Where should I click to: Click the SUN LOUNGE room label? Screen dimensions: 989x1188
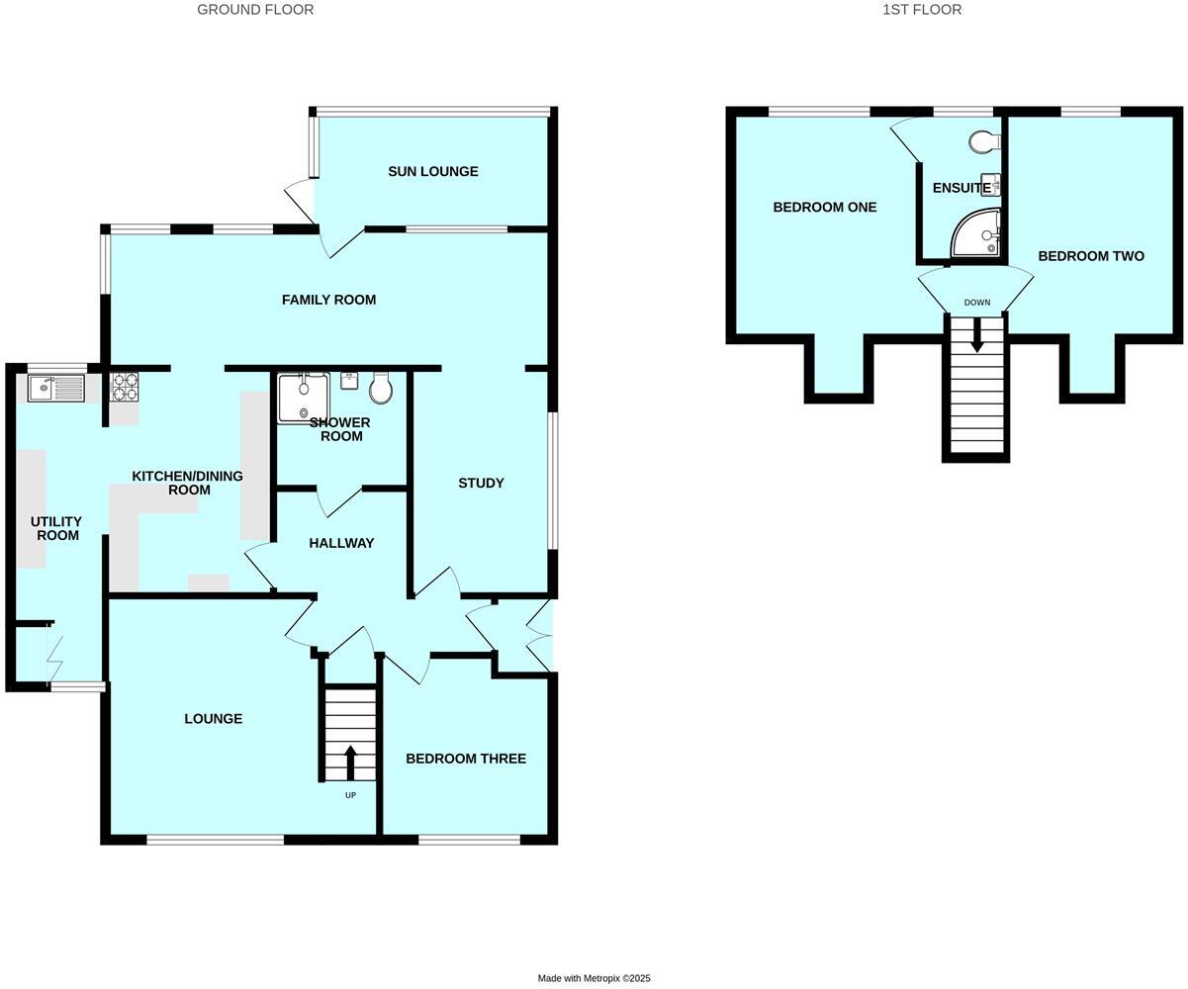[x=432, y=171]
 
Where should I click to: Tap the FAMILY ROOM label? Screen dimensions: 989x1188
[x=328, y=300]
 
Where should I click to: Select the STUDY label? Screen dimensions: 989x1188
[x=481, y=483]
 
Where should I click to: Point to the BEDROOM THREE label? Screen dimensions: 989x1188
[x=465, y=759]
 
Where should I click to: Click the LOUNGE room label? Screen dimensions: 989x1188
[x=213, y=719]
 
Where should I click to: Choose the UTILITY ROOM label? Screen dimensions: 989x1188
[x=57, y=528]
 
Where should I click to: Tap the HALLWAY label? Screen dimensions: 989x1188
[x=341, y=543]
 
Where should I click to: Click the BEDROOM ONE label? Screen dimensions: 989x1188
[x=825, y=207]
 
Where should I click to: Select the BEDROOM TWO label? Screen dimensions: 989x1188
[x=1091, y=256]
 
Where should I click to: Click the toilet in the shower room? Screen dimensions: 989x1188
[x=381, y=389]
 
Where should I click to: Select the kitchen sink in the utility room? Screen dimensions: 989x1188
[x=56, y=388]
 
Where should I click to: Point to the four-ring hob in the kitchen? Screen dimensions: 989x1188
[x=124, y=386]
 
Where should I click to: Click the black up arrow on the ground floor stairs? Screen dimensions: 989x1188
[x=350, y=762]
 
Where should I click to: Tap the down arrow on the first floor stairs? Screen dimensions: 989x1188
[x=977, y=334]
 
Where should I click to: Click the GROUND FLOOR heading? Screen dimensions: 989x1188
[x=255, y=10]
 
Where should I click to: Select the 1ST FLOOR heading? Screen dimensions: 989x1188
[x=922, y=10]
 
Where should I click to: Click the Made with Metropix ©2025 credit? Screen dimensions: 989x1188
[x=594, y=978]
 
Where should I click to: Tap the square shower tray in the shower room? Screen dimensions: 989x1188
[x=303, y=398]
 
